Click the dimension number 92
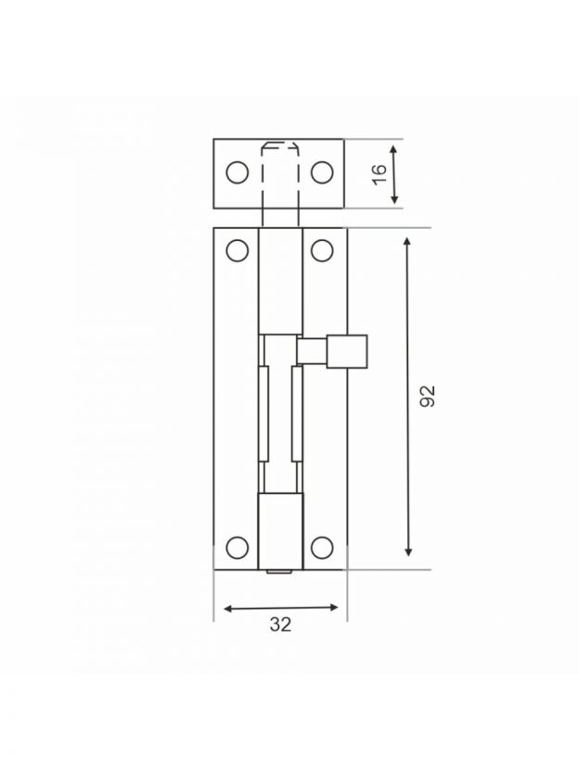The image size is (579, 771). tap(428, 396)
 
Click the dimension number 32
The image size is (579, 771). tap(280, 625)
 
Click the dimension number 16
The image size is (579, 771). tap(380, 174)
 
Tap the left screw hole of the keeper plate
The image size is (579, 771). tap(238, 172)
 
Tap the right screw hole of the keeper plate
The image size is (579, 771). tap(322, 172)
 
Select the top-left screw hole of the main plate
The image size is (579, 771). tap(238, 250)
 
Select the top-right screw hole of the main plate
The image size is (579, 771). tap(322, 250)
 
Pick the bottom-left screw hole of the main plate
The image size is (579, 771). tap(238, 548)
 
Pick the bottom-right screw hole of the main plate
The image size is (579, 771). tap(322, 548)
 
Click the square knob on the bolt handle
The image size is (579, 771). tap(347, 351)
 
